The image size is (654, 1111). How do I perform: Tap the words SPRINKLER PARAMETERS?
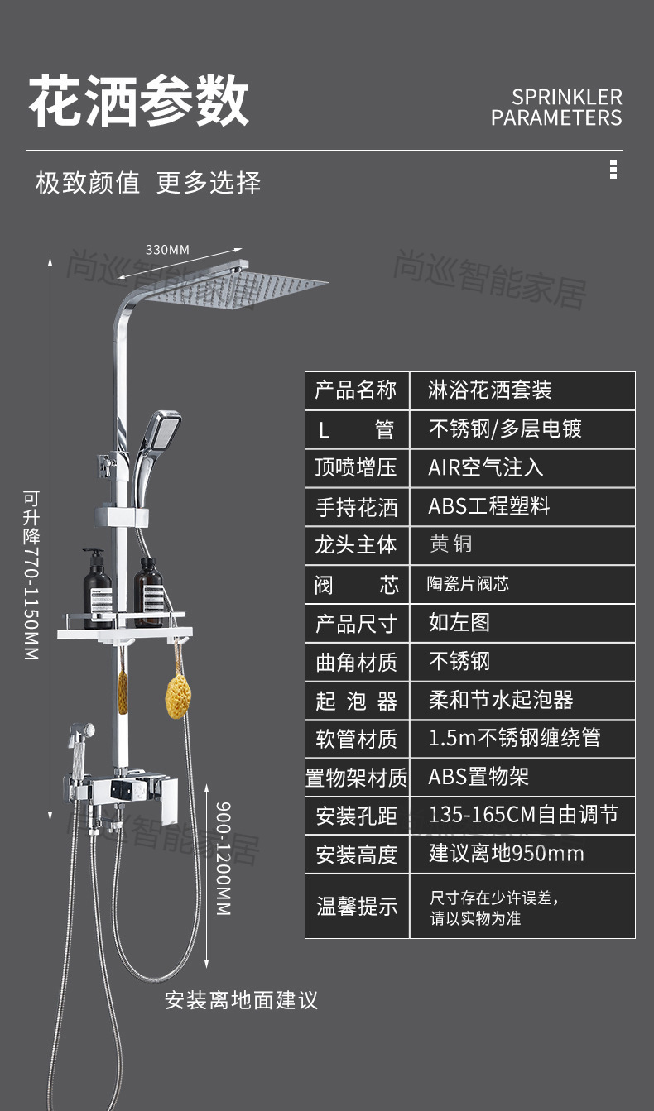click(555, 108)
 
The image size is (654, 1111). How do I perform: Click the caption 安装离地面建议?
click(241, 1000)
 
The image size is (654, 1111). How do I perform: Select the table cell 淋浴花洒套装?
click(489, 390)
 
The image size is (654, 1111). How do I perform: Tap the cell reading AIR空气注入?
click(485, 467)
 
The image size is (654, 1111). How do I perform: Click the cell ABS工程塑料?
click(488, 506)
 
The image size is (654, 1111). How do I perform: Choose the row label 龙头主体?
click(357, 545)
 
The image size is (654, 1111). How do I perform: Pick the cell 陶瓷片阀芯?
click(468, 584)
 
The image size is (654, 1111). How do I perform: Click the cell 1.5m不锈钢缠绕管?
click(514, 738)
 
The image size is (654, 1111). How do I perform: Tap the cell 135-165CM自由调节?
click(522, 815)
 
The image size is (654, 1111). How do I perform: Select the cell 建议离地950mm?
click(506, 854)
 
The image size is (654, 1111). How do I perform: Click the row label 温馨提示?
click(357, 906)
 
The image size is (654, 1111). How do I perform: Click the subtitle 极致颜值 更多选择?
click(148, 183)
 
